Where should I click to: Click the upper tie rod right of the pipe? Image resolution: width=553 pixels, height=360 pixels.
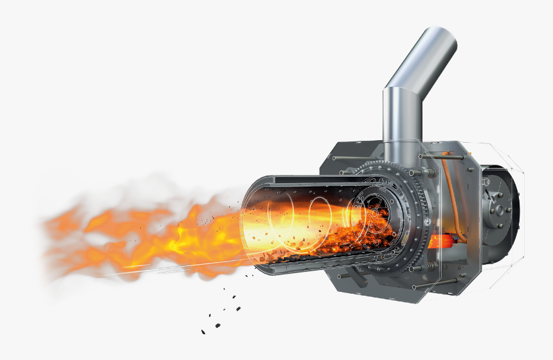point(450,156)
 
